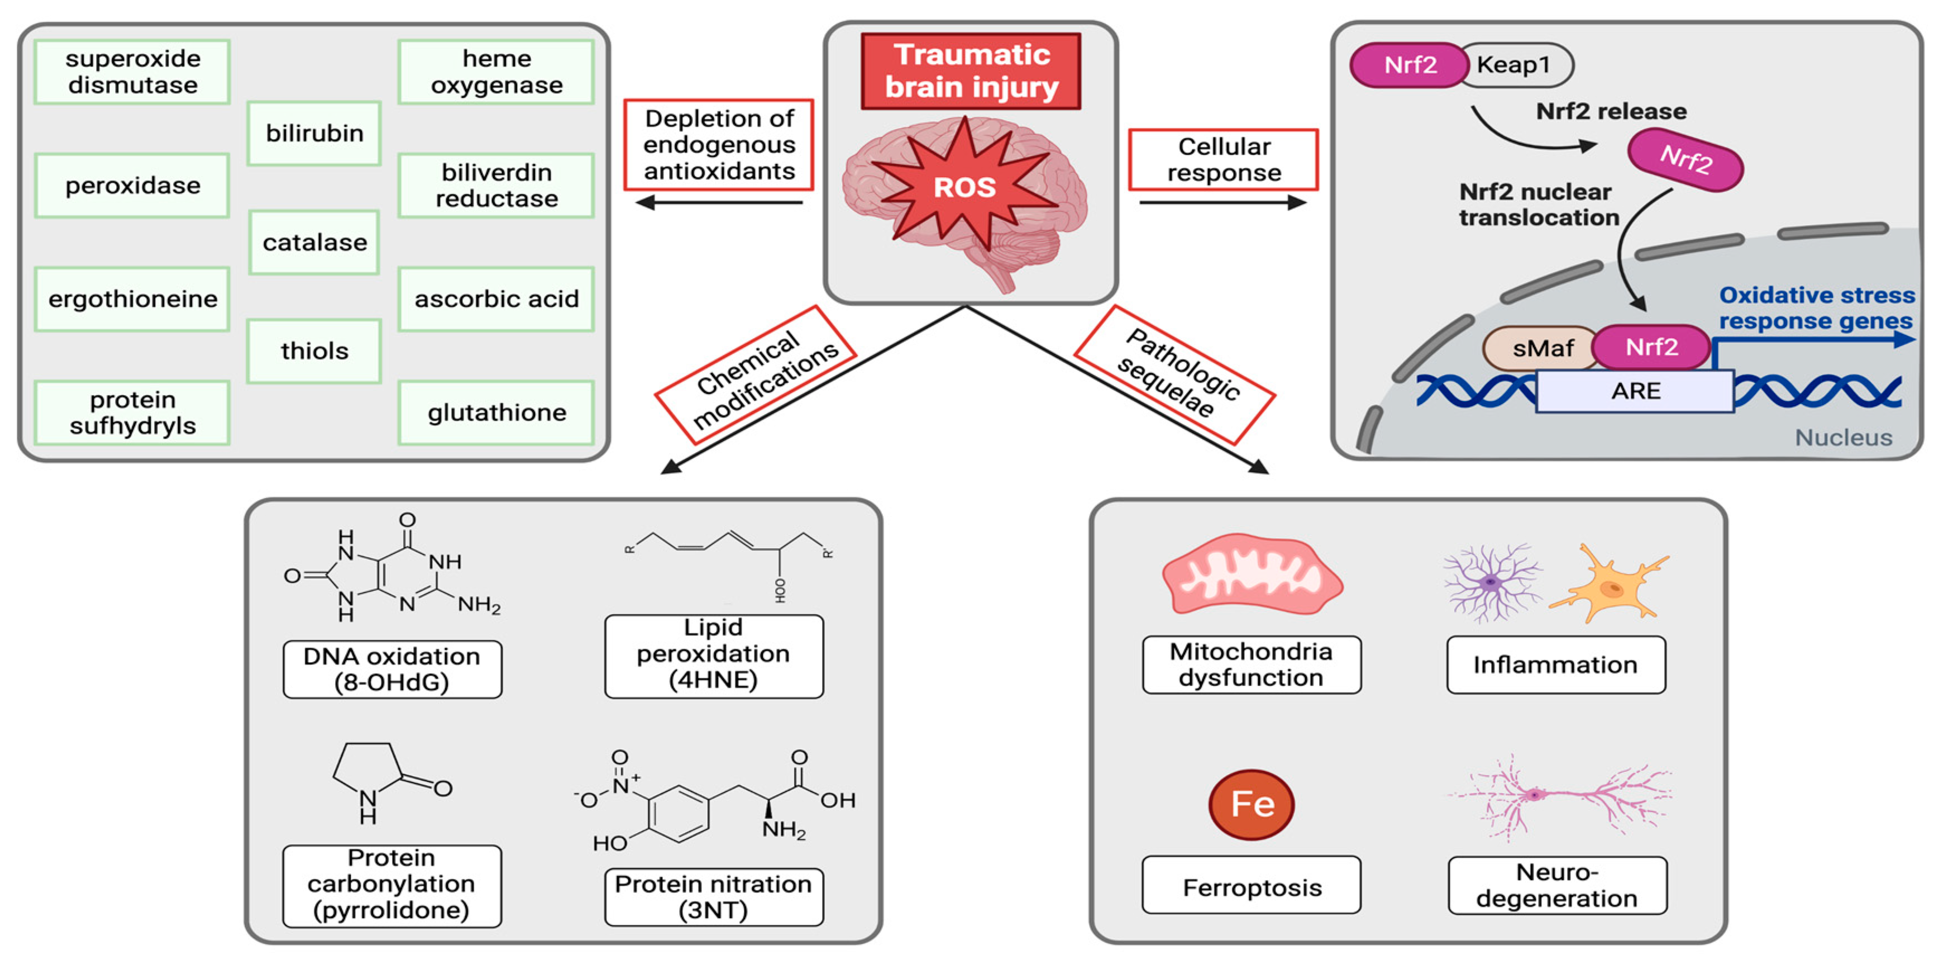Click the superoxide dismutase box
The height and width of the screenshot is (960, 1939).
[x=132, y=72]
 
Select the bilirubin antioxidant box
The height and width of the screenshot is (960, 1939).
[x=314, y=133]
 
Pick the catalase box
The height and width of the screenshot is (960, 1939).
[x=314, y=243]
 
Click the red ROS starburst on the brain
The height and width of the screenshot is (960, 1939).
[x=964, y=187]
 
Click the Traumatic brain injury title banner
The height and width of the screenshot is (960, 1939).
[x=971, y=72]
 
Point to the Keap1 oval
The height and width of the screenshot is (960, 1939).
[x=1515, y=65]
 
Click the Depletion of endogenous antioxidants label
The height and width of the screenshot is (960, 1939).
[x=719, y=145]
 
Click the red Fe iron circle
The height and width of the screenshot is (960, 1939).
[x=1252, y=804]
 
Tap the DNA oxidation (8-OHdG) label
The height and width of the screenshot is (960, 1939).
[x=392, y=669]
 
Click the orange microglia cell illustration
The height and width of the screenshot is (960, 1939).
[x=1611, y=583]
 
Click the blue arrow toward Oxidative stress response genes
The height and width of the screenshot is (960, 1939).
[x=1814, y=341]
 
